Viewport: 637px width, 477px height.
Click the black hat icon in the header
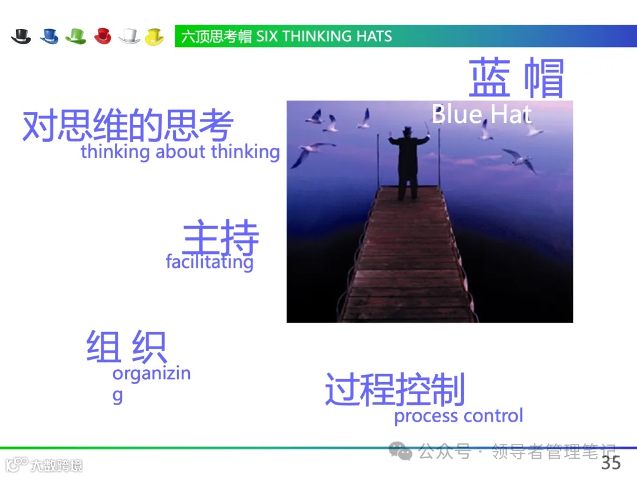pos(21,37)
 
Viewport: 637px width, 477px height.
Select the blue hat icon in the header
pos(49,37)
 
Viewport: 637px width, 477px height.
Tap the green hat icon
pos(75,37)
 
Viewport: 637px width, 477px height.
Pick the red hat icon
pos(103,37)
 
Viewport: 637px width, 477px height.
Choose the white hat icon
pos(129,37)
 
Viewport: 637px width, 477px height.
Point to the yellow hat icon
pos(155,37)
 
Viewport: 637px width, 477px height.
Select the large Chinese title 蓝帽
pos(517,78)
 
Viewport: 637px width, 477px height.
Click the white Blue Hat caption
pos(481,114)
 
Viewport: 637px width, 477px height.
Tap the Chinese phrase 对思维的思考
pos(127,125)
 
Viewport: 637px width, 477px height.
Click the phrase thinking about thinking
pos(180,152)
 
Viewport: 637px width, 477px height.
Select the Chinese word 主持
pos(221,238)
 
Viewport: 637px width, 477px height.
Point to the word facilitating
pos(209,261)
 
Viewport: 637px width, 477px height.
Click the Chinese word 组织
pos(126,346)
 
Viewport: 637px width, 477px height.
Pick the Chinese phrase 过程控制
pos(395,389)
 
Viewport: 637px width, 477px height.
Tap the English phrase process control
pos(458,416)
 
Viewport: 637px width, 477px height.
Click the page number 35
pos(610,462)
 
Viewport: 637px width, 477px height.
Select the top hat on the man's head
pos(407,130)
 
